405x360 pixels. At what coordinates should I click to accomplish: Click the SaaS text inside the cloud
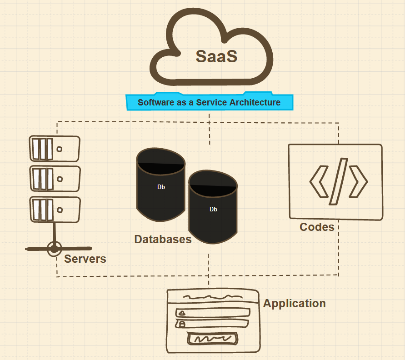click(x=216, y=56)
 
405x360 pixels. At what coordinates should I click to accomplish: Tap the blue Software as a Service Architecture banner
click(x=210, y=102)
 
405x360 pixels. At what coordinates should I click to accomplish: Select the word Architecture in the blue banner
click(x=255, y=102)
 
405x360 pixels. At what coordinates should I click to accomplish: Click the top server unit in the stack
click(x=55, y=149)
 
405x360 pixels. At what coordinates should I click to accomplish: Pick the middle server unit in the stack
click(x=55, y=179)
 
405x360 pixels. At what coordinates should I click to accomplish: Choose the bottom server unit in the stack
click(x=55, y=209)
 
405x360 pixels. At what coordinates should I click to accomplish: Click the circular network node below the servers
click(x=55, y=249)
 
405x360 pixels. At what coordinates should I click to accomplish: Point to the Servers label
click(x=85, y=259)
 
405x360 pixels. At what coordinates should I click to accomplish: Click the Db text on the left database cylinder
click(x=161, y=187)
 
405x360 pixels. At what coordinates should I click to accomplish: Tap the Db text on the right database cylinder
click(x=213, y=209)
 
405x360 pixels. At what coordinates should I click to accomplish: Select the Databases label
click(x=163, y=239)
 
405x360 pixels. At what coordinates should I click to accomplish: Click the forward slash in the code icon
click(x=338, y=181)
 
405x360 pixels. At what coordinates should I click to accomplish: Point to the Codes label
click(x=317, y=227)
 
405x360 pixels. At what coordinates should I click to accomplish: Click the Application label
click(x=295, y=303)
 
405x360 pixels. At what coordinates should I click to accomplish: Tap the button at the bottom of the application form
click(x=213, y=339)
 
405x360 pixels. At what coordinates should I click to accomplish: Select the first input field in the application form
click(x=213, y=313)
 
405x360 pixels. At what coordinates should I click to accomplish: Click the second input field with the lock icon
click(x=213, y=324)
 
